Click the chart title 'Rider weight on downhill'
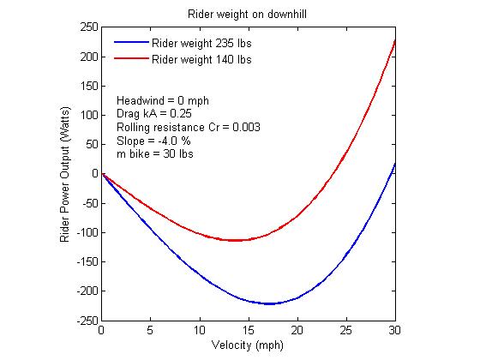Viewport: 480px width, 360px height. tap(248, 14)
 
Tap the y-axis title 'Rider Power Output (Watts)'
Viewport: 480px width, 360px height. tap(65, 174)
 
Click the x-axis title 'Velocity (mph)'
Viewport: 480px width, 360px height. tap(248, 345)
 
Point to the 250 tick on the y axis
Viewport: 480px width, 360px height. tap(88, 27)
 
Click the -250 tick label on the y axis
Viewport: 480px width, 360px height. tap(86, 321)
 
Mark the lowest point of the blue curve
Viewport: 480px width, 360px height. tap(270, 303)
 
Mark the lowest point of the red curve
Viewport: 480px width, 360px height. tap(233, 240)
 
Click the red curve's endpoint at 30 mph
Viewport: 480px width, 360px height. tap(394, 40)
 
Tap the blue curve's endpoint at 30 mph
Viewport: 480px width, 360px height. tap(394, 163)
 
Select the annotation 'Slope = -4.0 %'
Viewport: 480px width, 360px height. tap(153, 141)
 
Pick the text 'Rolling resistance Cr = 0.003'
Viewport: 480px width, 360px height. tap(188, 127)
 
